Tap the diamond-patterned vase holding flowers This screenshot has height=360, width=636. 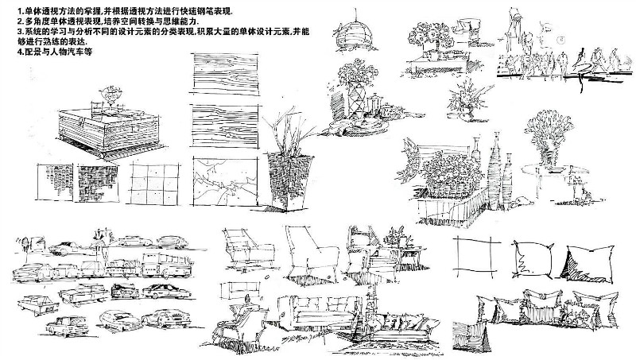[x=354, y=103]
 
